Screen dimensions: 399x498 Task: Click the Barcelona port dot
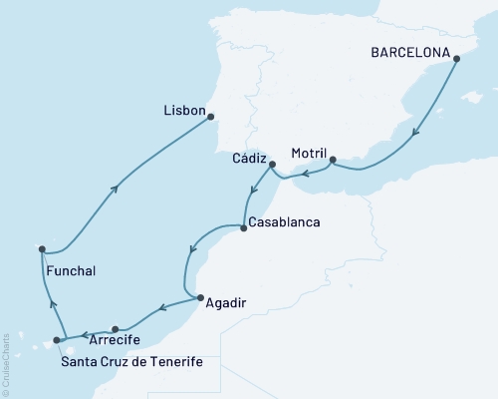[457, 59]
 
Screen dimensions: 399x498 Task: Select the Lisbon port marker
[211, 117]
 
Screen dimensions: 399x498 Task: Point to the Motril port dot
[333, 159]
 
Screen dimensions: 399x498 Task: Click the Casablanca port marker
[243, 228]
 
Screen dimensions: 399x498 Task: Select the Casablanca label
[284, 221]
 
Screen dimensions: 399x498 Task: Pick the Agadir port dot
[199, 297]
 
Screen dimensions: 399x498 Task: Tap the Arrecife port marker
[117, 328]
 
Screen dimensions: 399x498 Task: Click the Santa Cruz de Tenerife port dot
[57, 340]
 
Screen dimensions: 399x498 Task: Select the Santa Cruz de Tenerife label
[130, 360]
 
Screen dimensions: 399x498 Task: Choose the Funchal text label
[71, 269]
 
